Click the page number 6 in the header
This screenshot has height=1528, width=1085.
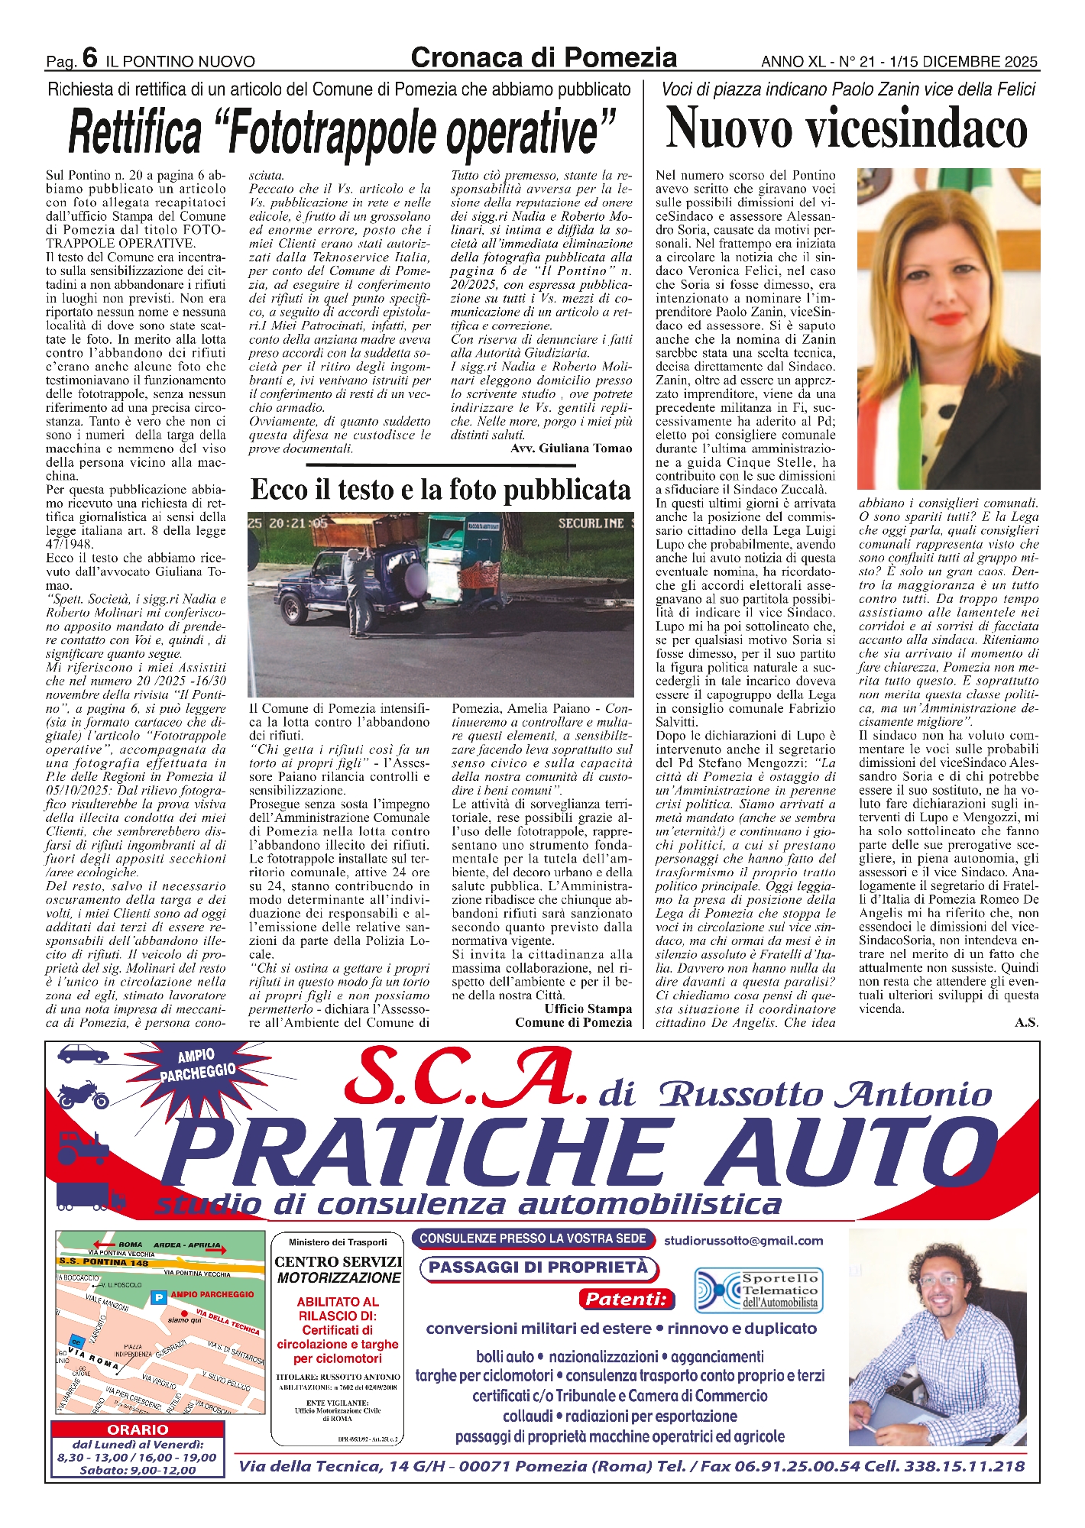click(90, 58)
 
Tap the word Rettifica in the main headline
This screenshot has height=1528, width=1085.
click(135, 131)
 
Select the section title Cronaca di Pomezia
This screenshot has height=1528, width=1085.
click(543, 57)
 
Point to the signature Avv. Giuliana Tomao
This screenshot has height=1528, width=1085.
click(571, 448)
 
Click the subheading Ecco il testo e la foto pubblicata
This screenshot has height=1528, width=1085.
click(441, 490)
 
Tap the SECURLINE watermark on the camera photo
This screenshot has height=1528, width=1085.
click(591, 523)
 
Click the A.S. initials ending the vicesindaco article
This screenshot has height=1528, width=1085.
click(1026, 1022)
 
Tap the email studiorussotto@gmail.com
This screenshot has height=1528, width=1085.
click(743, 1241)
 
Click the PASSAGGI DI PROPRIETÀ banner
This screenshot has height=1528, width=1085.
click(538, 1267)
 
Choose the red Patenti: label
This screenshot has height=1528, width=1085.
click(627, 1298)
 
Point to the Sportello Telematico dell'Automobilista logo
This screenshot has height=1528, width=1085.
click(756, 1290)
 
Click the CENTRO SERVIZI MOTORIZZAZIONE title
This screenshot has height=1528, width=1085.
click(338, 1269)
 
